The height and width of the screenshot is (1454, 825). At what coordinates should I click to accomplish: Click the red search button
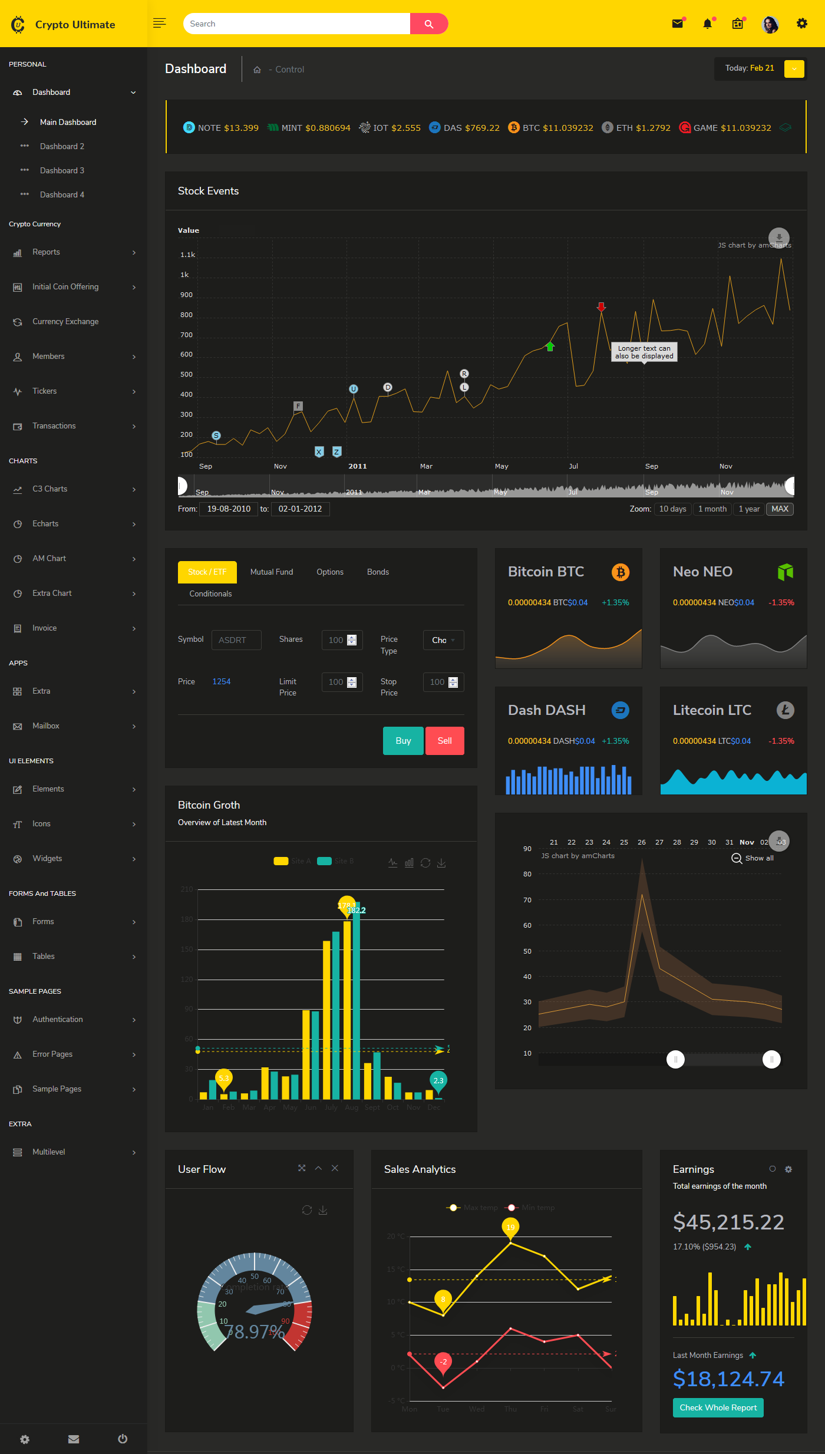428,24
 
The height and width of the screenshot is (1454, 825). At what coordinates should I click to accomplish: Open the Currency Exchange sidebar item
65,321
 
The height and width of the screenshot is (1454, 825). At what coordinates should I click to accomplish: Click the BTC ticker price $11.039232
567,128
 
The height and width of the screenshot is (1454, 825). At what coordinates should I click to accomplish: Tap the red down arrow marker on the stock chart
601,307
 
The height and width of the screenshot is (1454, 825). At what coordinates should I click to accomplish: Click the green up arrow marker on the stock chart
550,347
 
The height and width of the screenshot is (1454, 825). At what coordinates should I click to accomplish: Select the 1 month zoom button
712,509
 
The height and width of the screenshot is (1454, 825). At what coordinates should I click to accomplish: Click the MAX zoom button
779,509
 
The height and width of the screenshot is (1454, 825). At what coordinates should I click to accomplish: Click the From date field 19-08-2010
229,509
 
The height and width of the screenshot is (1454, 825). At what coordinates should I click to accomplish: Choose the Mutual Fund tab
271,572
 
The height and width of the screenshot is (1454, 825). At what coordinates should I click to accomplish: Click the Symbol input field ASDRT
236,640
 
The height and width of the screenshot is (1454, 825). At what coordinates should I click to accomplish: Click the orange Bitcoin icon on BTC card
620,572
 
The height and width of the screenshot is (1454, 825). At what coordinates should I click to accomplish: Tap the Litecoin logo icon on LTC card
785,710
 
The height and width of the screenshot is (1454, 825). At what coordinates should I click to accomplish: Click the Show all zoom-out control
753,858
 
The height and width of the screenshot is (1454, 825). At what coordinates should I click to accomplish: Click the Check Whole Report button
718,1407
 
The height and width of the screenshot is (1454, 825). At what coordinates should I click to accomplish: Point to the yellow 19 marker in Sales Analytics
510,1226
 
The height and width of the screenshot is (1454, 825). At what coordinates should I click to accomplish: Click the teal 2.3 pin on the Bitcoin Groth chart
438,1080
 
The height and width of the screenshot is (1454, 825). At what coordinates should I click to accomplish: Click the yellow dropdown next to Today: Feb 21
794,68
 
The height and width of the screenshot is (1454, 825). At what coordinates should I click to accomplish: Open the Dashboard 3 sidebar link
62,170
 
